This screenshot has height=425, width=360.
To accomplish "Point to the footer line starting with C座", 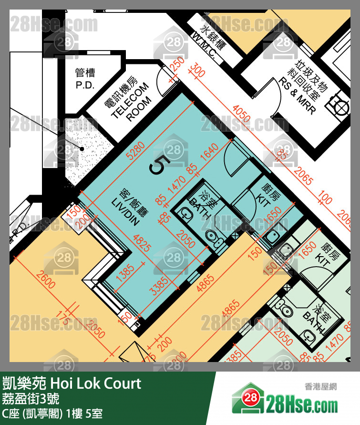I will coord(52,413).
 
